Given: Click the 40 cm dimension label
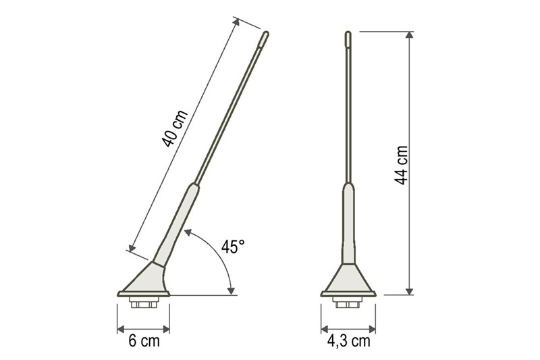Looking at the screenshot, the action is point(175,128).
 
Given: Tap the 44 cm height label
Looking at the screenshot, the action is point(401,165).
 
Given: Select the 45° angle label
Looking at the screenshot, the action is point(233,247).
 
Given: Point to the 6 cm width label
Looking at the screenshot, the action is point(144,341).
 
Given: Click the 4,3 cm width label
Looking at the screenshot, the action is point(348,341).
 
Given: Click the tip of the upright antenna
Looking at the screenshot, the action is point(348,32).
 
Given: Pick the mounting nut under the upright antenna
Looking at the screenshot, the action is point(348,302).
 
